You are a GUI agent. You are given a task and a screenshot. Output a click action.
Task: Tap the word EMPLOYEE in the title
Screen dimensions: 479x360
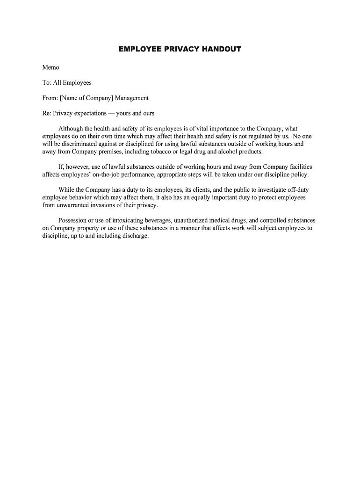(x=138, y=49)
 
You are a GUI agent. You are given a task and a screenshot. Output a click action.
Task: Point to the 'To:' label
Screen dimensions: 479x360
(x=47, y=83)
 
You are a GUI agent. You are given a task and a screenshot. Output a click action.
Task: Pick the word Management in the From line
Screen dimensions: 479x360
(x=133, y=98)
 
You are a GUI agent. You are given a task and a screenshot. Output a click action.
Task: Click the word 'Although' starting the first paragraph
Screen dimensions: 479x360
(x=72, y=129)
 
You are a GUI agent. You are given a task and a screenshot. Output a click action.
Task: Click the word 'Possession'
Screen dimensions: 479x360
(x=73, y=220)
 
